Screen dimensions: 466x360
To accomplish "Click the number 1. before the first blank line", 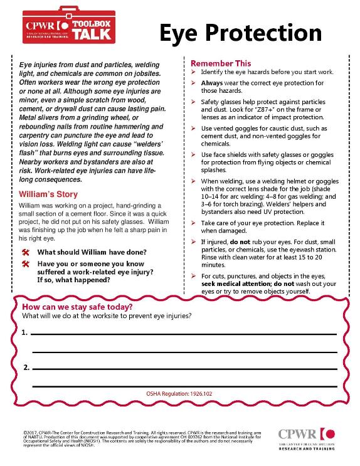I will (x=25, y=332).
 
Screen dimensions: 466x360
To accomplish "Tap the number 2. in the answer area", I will (x=25, y=367).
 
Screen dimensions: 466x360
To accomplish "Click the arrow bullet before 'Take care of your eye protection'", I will (x=194, y=223).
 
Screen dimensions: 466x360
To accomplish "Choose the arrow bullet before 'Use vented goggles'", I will (x=194, y=128).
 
